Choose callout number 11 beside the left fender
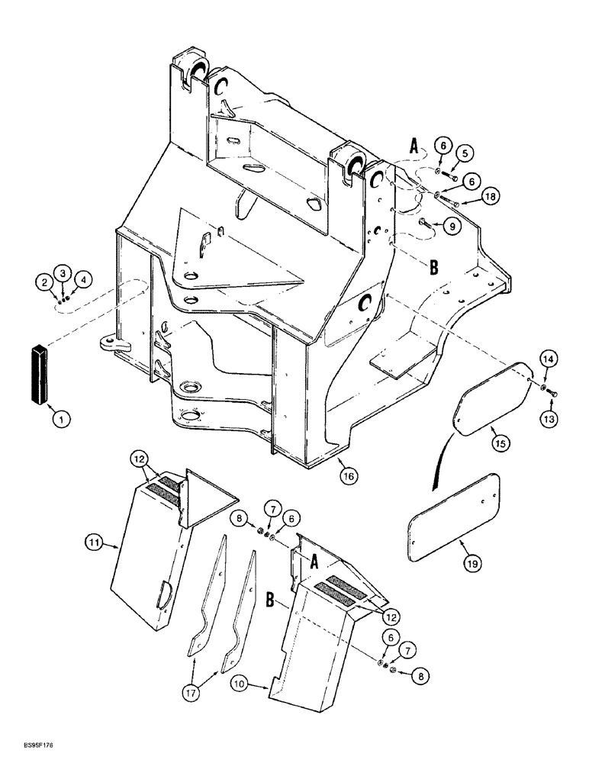[x=92, y=543]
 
